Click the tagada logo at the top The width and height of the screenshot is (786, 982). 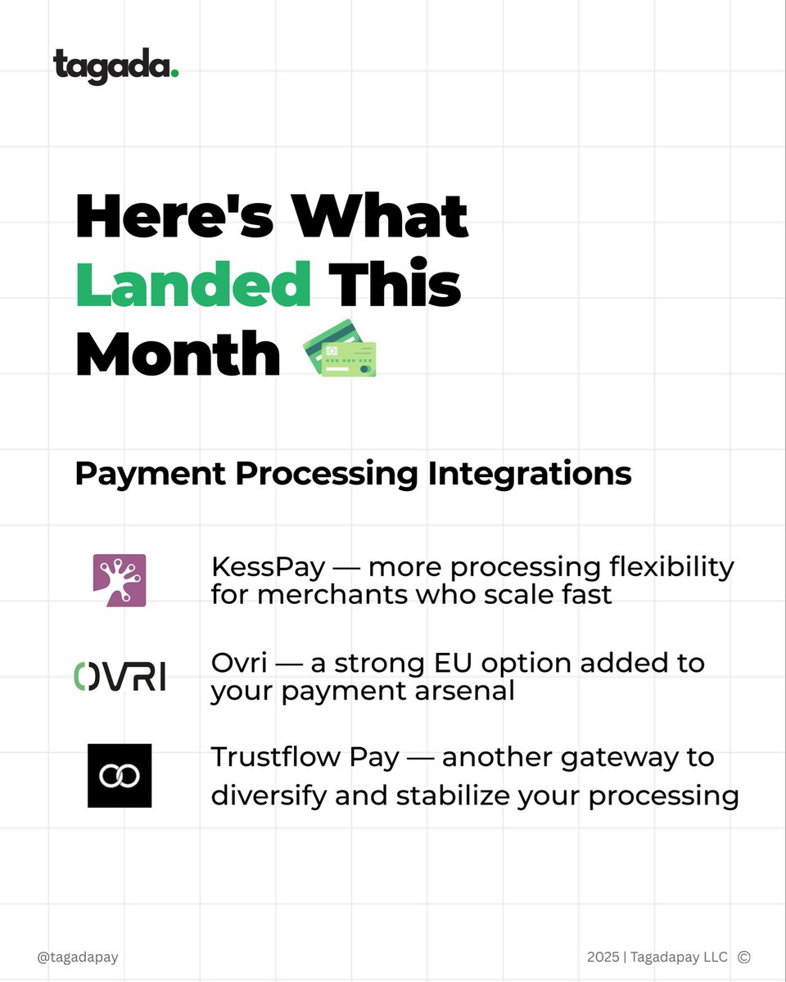[x=115, y=66]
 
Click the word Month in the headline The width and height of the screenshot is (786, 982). [x=178, y=354]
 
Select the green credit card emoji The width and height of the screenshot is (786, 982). [x=340, y=349]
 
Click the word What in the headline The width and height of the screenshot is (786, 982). [x=380, y=218]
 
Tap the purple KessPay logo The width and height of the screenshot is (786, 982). [x=120, y=580]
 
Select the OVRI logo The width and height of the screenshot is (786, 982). [x=120, y=676]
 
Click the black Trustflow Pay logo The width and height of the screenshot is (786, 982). [x=120, y=776]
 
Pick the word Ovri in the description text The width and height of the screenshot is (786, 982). [x=235, y=662]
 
